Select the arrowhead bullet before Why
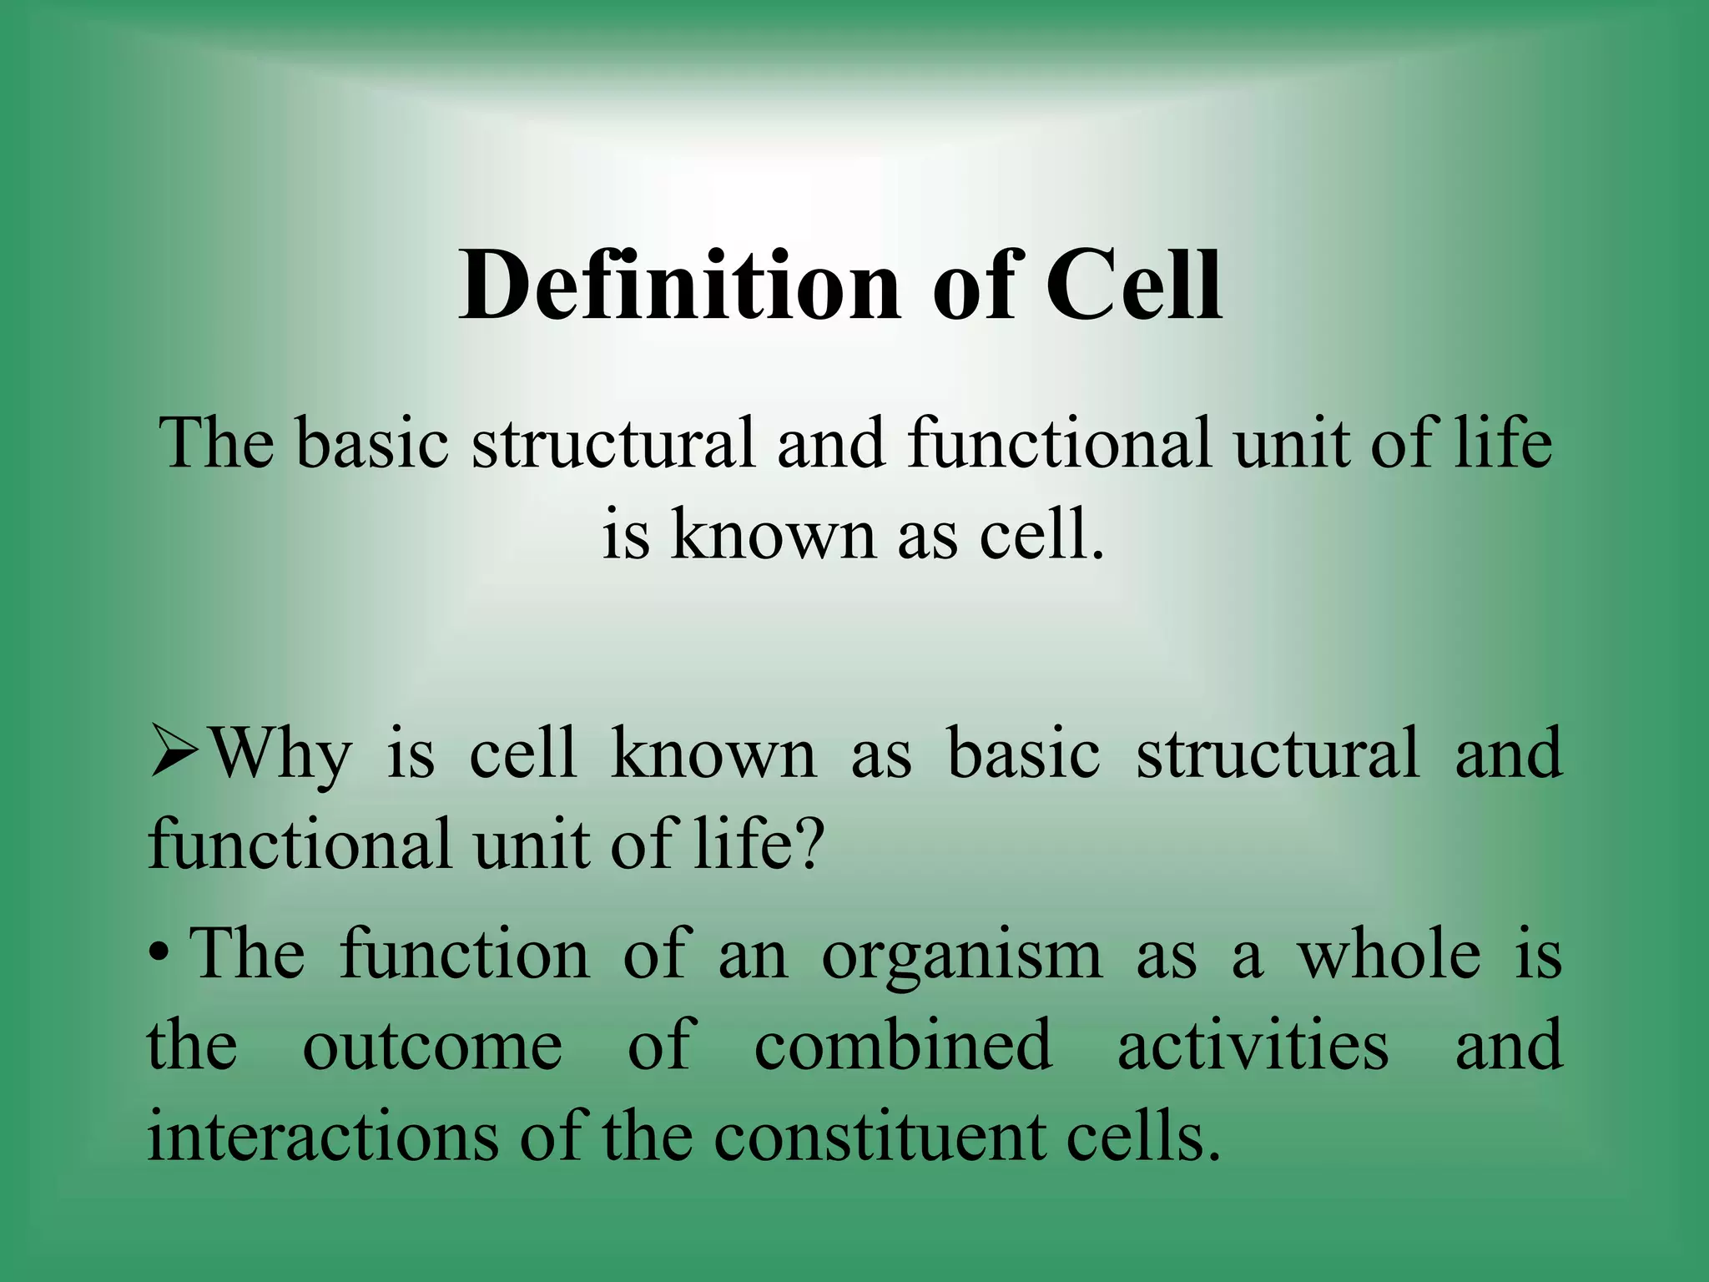tap(174, 755)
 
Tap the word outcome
tap(432, 1047)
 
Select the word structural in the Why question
tap(1277, 753)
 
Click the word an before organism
tap(753, 956)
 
